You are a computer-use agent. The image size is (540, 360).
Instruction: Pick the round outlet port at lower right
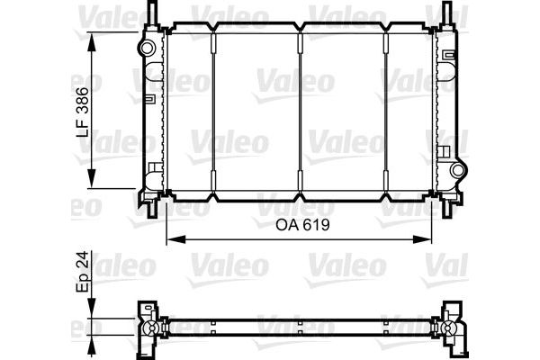[x=458, y=170]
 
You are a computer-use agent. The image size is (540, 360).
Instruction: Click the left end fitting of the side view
[x=145, y=328]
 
